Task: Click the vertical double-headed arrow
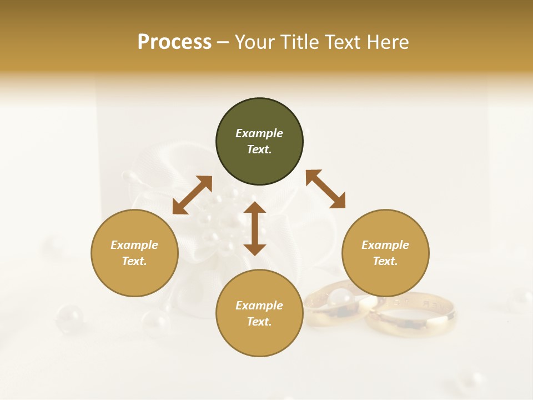tap(255, 228)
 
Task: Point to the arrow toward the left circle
tap(192, 195)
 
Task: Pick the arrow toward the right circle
tap(325, 189)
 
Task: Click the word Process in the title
tap(174, 42)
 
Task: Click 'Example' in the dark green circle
tap(259, 133)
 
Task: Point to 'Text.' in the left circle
tap(134, 261)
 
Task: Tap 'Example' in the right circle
tap(385, 245)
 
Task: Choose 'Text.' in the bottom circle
tap(259, 322)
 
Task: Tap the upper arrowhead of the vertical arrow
tap(255, 208)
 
